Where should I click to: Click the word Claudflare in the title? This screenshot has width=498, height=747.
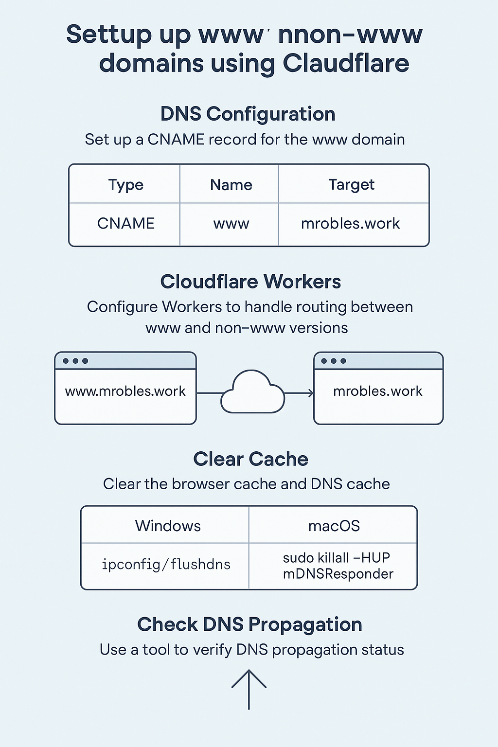click(346, 64)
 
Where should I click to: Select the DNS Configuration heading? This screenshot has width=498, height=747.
click(248, 114)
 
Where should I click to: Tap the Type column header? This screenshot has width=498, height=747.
click(125, 185)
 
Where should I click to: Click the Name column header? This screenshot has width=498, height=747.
click(231, 185)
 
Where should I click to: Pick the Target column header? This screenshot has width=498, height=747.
click(351, 185)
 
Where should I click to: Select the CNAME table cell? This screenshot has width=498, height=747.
click(125, 223)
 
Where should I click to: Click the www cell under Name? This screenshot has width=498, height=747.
click(231, 224)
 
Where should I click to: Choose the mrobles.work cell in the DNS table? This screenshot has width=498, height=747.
click(350, 224)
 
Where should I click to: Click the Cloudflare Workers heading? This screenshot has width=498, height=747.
click(250, 282)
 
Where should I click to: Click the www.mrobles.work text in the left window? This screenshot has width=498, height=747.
click(125, 391)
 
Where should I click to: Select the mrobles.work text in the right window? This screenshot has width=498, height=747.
click(378, 391)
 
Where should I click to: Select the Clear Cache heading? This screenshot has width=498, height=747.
click(250, 459)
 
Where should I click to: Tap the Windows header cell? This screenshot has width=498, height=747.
click(168, 526)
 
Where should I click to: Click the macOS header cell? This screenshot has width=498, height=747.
click(334, 526)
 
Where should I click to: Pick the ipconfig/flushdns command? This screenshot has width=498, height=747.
click(166, 564)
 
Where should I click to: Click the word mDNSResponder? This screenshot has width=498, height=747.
click(338, 574)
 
